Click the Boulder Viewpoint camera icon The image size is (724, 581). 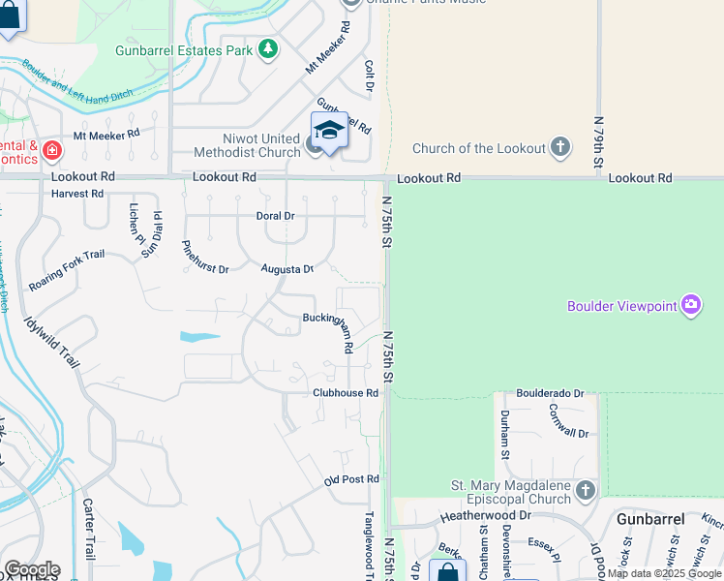690,306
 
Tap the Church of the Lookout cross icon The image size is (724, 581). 559,148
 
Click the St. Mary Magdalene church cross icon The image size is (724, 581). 585,491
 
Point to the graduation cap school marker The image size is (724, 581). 329,131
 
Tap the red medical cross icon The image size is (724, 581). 51,151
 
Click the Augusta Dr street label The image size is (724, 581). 287,269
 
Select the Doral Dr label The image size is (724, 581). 275,216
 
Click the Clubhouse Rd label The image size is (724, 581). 345,393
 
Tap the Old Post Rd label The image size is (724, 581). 351,479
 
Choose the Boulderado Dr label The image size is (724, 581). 550,394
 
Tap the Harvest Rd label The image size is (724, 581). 77,194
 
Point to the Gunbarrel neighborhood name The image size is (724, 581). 650,519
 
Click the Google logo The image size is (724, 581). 32,569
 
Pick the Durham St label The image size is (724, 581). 504,433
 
